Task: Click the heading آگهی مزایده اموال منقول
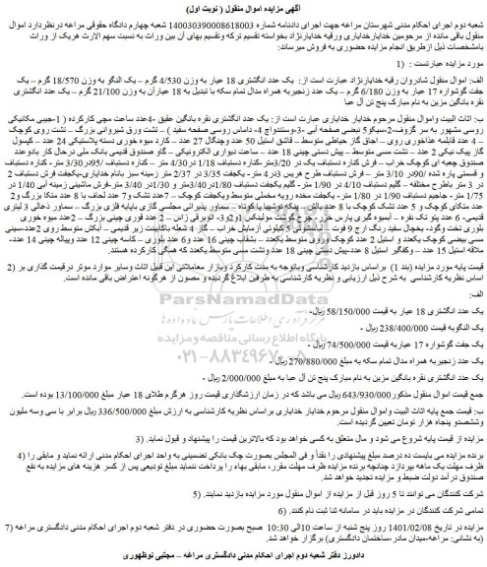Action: click(243, 9)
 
